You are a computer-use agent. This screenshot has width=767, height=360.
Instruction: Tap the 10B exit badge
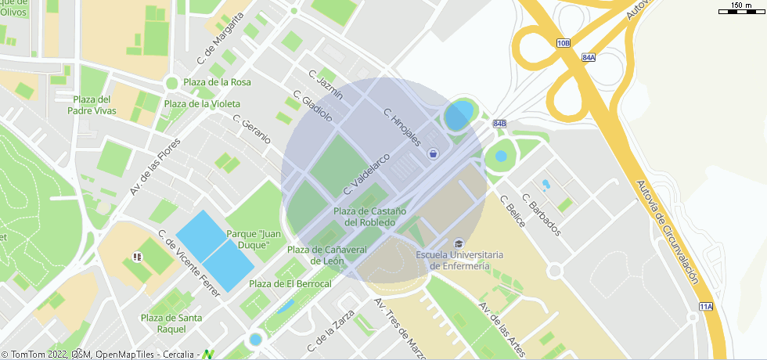tap(564, 44)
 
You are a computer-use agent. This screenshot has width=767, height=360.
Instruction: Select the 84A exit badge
tap(589, 57)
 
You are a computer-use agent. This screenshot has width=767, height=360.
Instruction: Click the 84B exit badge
tap(499, 124)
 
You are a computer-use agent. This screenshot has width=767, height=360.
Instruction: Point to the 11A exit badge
tap(706, 306)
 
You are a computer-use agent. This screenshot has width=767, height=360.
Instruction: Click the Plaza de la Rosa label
tap(217, 82)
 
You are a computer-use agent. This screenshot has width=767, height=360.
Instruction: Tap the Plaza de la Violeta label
tap(203, 103)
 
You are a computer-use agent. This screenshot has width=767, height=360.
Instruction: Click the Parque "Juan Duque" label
tap(254, 239)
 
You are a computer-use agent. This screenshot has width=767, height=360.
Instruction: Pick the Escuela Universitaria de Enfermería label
tap(459, 260)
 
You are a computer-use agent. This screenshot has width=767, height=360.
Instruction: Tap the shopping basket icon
tap(433, 155)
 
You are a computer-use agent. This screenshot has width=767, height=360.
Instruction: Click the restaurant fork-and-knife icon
tap(138, 256)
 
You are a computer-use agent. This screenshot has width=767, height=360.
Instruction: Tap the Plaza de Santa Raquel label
tap(171, 323)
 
